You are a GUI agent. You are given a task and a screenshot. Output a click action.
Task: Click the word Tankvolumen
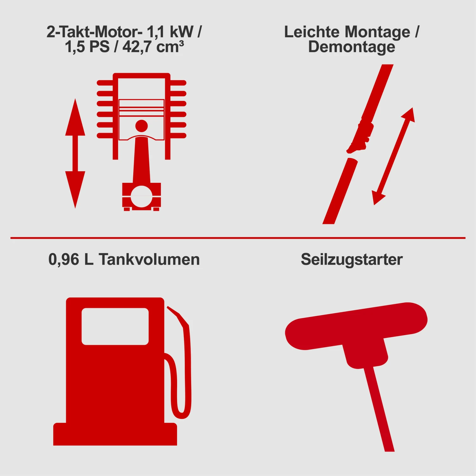point(149,259)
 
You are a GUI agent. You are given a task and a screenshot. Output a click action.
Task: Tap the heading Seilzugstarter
point(352,260)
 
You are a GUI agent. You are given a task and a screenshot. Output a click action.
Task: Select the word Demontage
point(352,47)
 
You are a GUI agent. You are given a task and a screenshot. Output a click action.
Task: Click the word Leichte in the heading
point(312,32)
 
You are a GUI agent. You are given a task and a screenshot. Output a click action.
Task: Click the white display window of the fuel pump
point(115,326)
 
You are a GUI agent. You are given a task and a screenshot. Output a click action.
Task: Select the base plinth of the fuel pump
point(115,434)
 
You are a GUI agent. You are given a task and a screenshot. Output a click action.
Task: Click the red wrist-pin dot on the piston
point(142,126)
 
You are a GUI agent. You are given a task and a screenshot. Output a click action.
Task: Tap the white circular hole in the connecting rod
point(142,196)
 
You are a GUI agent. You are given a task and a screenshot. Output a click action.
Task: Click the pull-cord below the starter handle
point(379,409)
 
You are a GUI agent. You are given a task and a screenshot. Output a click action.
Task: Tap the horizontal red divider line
point(238,238)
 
